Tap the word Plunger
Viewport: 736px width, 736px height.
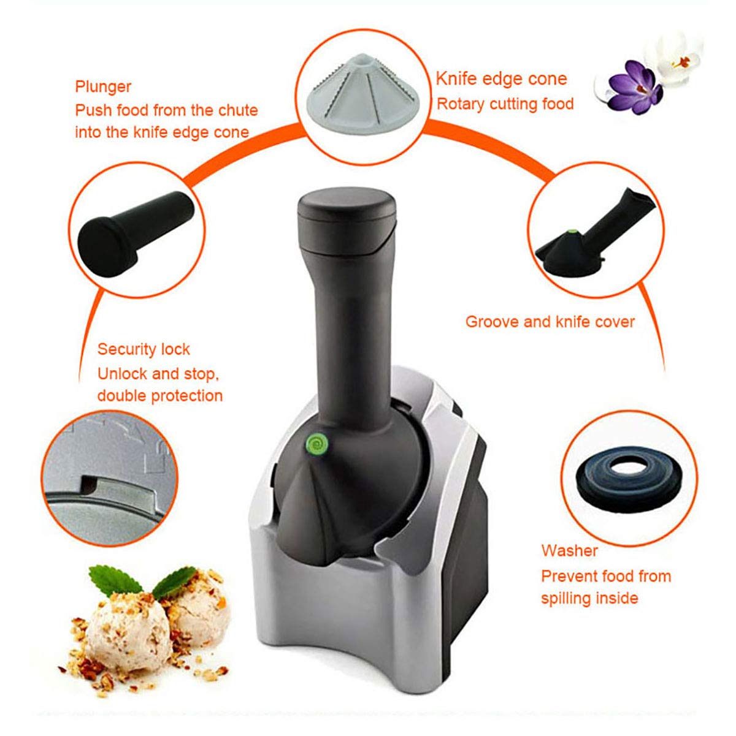tap(103, 87)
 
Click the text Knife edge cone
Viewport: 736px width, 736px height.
tap(501, 79)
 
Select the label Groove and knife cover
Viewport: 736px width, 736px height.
tap(550, 322)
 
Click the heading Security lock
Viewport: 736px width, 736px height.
tap(144, 349)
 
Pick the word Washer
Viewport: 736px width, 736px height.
tap(569, 550)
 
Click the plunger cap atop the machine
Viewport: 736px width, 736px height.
tap(347, 208)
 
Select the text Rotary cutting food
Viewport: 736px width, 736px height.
tap(505, 104)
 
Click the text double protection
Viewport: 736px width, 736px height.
tap(159, 395)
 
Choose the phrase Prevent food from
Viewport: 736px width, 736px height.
tap(605, 576)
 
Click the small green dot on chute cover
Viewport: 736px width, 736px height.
tap(572, 232)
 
